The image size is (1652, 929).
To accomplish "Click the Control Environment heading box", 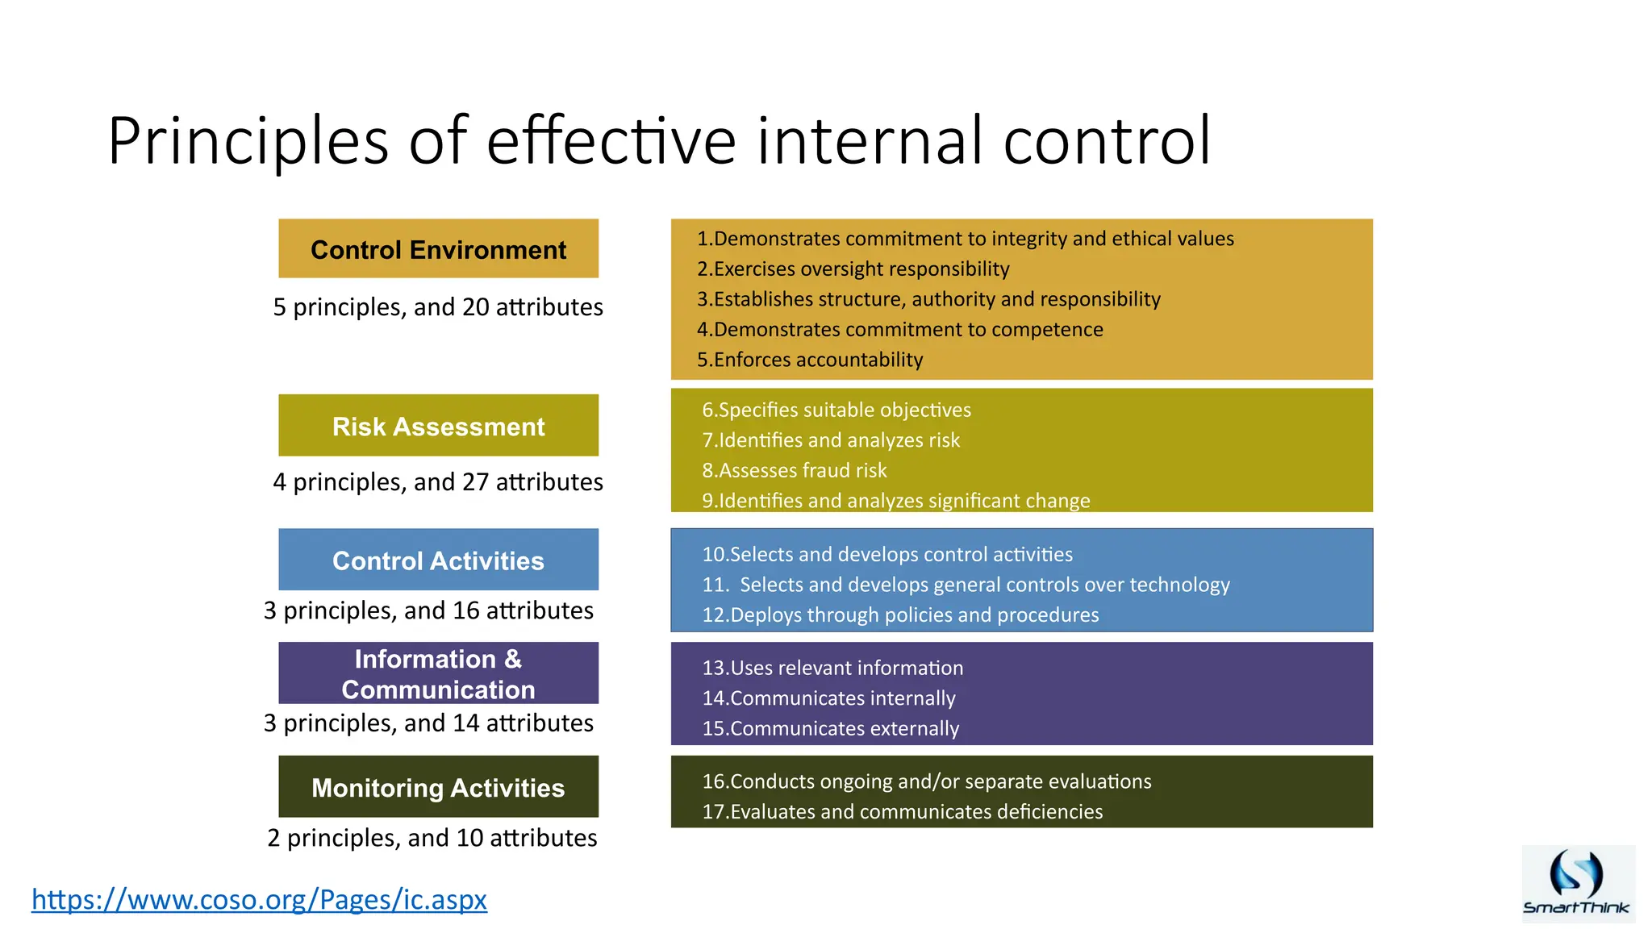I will pyautogui.click(x=438, y=249).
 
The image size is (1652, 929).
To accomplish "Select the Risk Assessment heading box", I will pyautogui.click(x=438, y=426).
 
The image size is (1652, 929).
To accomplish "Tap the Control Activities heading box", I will pyautogui.click(x=438, y=560).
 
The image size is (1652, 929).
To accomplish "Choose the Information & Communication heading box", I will pyautogui.click(x=438, y=673).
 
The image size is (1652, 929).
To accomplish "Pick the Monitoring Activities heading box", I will pyautogui.click(x=438, y=787).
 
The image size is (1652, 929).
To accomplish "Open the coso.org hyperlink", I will pyautogui.click(x=259, y=898).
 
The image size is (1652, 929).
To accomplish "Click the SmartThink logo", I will pyautogui.click(x=1577, y=884).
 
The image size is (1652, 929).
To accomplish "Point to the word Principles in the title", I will pyautogui.click(x=248, y=141).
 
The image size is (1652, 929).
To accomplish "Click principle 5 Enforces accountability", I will pyautogui.click(x=810, y=360).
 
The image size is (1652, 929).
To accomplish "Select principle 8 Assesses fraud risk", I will pyautogui.click(x=795, y=470).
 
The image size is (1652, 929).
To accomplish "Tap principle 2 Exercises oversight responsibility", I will pyautogui.click(x=853, y=269).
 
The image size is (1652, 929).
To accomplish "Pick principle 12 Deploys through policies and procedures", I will pyautogui.click(x=900, y=614).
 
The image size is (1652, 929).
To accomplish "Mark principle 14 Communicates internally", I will pyautogui.click(x=828, y=698).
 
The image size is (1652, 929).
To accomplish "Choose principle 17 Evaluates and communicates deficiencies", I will pyautogui.click(x=902, y=811).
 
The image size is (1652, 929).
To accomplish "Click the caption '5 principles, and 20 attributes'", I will pyautogui.click(x=438, y=307).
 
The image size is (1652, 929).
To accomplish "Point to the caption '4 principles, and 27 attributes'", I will pyautogui.click(x=438, y=482).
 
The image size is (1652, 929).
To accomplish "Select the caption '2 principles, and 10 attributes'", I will pyautogui.click(x=432, y=838).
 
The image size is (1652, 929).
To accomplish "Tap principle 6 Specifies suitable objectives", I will pyautogui.click(x=836, y=410).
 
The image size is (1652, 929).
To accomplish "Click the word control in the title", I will pyautogui.click(x=1107, y=141).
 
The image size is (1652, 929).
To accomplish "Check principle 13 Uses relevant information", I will pyautogui.click(x=832, y=668).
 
